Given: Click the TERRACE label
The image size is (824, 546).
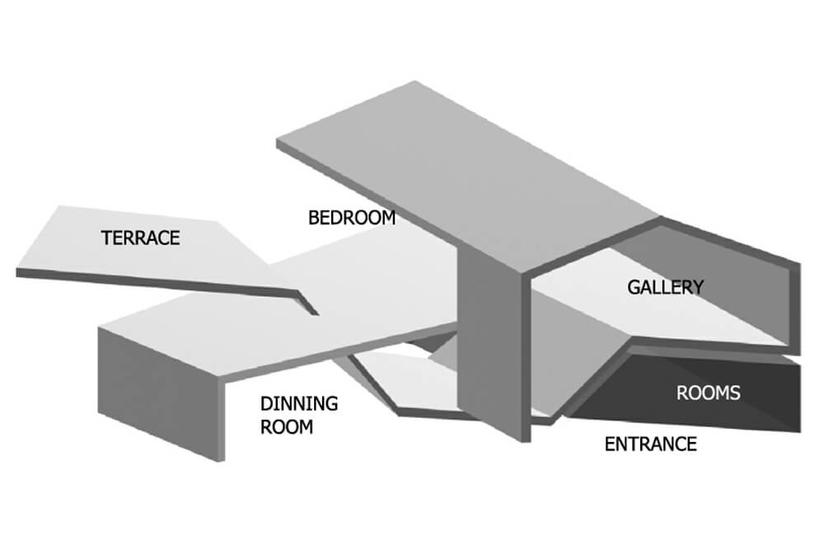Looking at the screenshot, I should (140, 239).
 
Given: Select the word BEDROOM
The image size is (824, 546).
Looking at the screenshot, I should (352, 219).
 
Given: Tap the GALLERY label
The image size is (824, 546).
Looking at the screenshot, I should (665, 287).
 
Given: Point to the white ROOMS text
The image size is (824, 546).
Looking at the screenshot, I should (708, 393).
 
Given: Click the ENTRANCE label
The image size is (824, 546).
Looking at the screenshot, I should (650, 445).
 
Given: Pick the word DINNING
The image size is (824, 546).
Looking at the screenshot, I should (299, 404).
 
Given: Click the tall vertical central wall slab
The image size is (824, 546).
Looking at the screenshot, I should (490, 346).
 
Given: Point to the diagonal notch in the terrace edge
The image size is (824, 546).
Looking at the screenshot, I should (307, 301).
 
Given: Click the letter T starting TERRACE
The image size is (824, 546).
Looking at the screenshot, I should (105, 239).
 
